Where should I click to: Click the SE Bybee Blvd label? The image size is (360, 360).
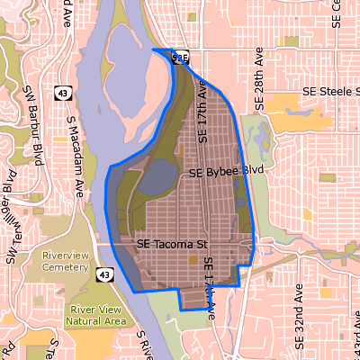point(227,170)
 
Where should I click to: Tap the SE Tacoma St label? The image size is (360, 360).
point(172,244)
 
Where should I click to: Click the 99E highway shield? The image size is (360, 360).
point(180,57)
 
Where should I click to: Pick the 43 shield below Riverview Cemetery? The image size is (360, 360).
point(106,274)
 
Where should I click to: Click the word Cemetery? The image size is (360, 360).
point(66,267)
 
